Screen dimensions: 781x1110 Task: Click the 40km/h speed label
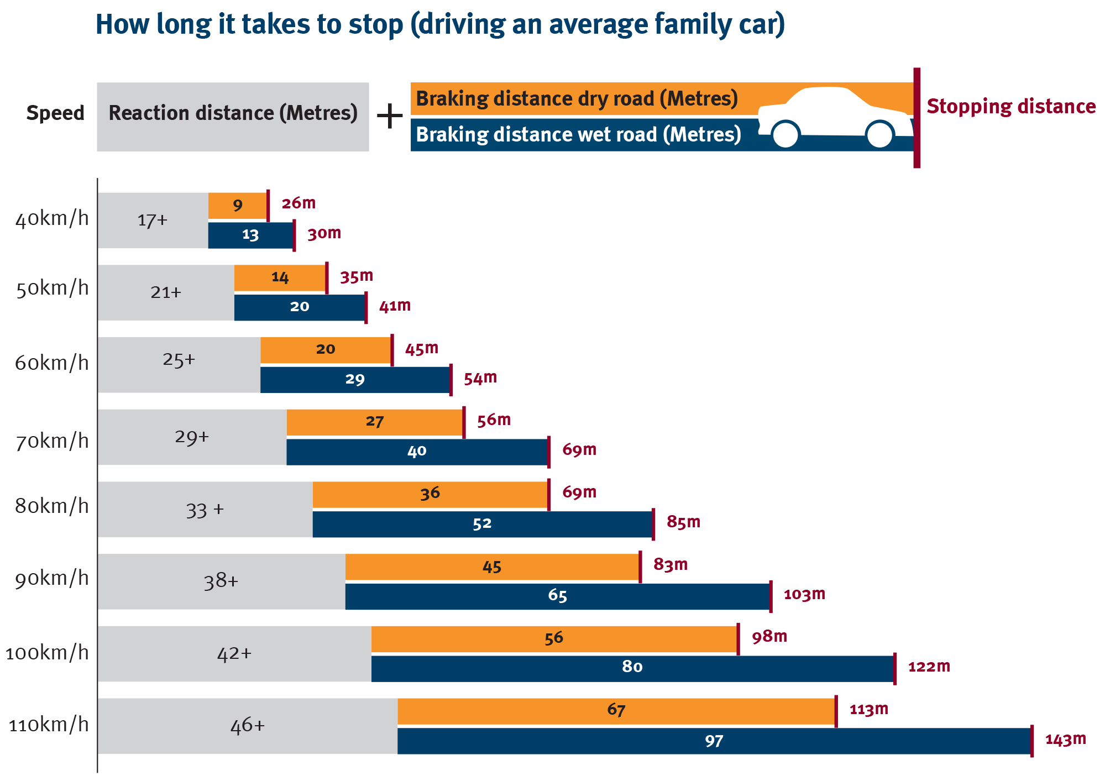(x=52, y=219)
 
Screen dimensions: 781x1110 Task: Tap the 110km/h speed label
(x=49, y=725)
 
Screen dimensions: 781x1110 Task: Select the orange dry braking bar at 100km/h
(x=554, y=639)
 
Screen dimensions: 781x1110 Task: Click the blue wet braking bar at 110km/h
(x=714, y=741)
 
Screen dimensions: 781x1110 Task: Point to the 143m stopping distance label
(x=1065, y=740)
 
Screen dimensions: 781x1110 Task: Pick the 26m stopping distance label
(x=299, y=203)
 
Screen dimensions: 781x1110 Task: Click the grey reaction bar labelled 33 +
(x=205, y=509)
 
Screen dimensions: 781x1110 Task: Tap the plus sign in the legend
(x=390, y=117)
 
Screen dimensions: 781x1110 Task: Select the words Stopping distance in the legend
(x=1011, y=107)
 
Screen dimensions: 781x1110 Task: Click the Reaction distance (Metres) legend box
(x=233, y=117)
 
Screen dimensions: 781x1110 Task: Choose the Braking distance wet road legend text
(x=578, y=134)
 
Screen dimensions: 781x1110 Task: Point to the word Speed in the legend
(x=55, y=113)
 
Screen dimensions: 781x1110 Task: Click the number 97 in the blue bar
(x=714, y=741)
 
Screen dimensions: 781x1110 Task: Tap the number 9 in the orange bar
(x=238, y=206)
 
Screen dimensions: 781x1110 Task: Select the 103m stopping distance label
(x=804, y=594)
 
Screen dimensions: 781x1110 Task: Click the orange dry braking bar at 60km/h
(x=326, y=350)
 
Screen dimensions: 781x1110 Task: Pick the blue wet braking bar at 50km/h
(x=300, y=307)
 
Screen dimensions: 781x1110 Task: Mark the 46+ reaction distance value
(x=248, y=725)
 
